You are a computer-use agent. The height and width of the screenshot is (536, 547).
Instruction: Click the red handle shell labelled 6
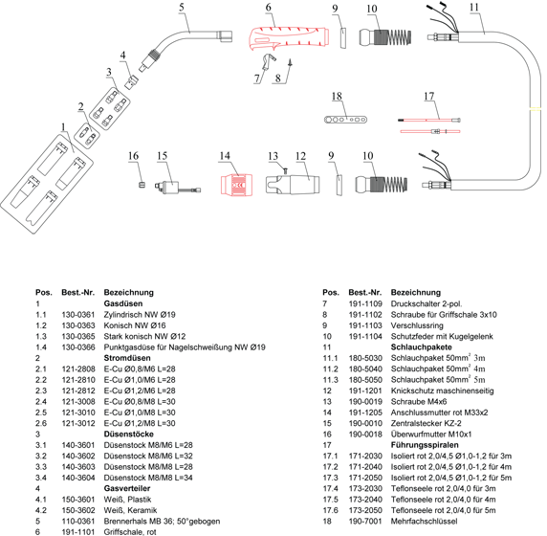coord(289,36)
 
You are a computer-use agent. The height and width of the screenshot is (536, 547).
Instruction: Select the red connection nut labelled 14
coord(236,184)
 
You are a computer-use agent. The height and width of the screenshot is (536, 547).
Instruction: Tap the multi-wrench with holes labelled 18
coord(345,120)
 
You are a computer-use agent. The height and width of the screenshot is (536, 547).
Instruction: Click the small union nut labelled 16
coord(142,185)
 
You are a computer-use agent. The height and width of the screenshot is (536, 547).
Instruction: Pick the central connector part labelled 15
coord(176,187)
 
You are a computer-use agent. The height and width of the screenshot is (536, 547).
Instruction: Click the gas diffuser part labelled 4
coord(132,82)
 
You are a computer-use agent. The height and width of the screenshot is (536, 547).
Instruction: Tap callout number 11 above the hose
coord(474,7)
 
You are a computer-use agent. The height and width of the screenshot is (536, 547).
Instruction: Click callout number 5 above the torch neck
coord(182,7)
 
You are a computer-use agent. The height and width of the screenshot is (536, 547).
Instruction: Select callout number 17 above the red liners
coord(429,96)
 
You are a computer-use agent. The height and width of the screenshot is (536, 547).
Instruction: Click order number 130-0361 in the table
coord(78,315)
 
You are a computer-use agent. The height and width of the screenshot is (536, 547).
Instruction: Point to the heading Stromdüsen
coord(127,358)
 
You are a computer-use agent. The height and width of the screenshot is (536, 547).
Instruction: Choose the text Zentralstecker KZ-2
coord(426,423)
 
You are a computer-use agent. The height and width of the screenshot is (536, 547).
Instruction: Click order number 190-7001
coord(365,521)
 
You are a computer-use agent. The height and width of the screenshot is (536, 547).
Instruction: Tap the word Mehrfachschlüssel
coord(424,521)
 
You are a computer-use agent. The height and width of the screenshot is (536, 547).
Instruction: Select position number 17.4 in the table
coord(330,488)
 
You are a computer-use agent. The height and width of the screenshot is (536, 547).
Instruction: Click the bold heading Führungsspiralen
coord(425,445)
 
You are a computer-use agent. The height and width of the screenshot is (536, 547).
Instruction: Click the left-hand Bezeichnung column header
coord(129,292)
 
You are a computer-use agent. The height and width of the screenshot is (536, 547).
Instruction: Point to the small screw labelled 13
coord(285,170)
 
